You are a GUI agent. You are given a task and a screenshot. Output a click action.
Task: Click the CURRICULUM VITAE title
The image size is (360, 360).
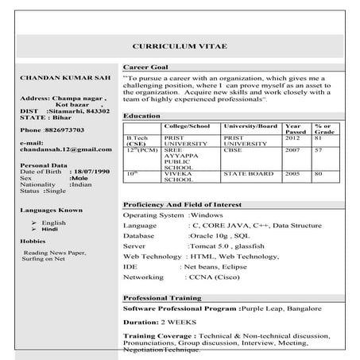point(180,47)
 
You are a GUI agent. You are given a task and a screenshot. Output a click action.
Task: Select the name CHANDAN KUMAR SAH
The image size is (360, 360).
point(59,77)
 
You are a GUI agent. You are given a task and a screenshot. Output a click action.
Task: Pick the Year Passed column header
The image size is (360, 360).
point(293,130)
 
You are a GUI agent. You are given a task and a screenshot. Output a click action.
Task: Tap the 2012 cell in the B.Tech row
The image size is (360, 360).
point(292,138)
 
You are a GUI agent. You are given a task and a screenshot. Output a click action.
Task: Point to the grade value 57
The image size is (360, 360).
point(318,149)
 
